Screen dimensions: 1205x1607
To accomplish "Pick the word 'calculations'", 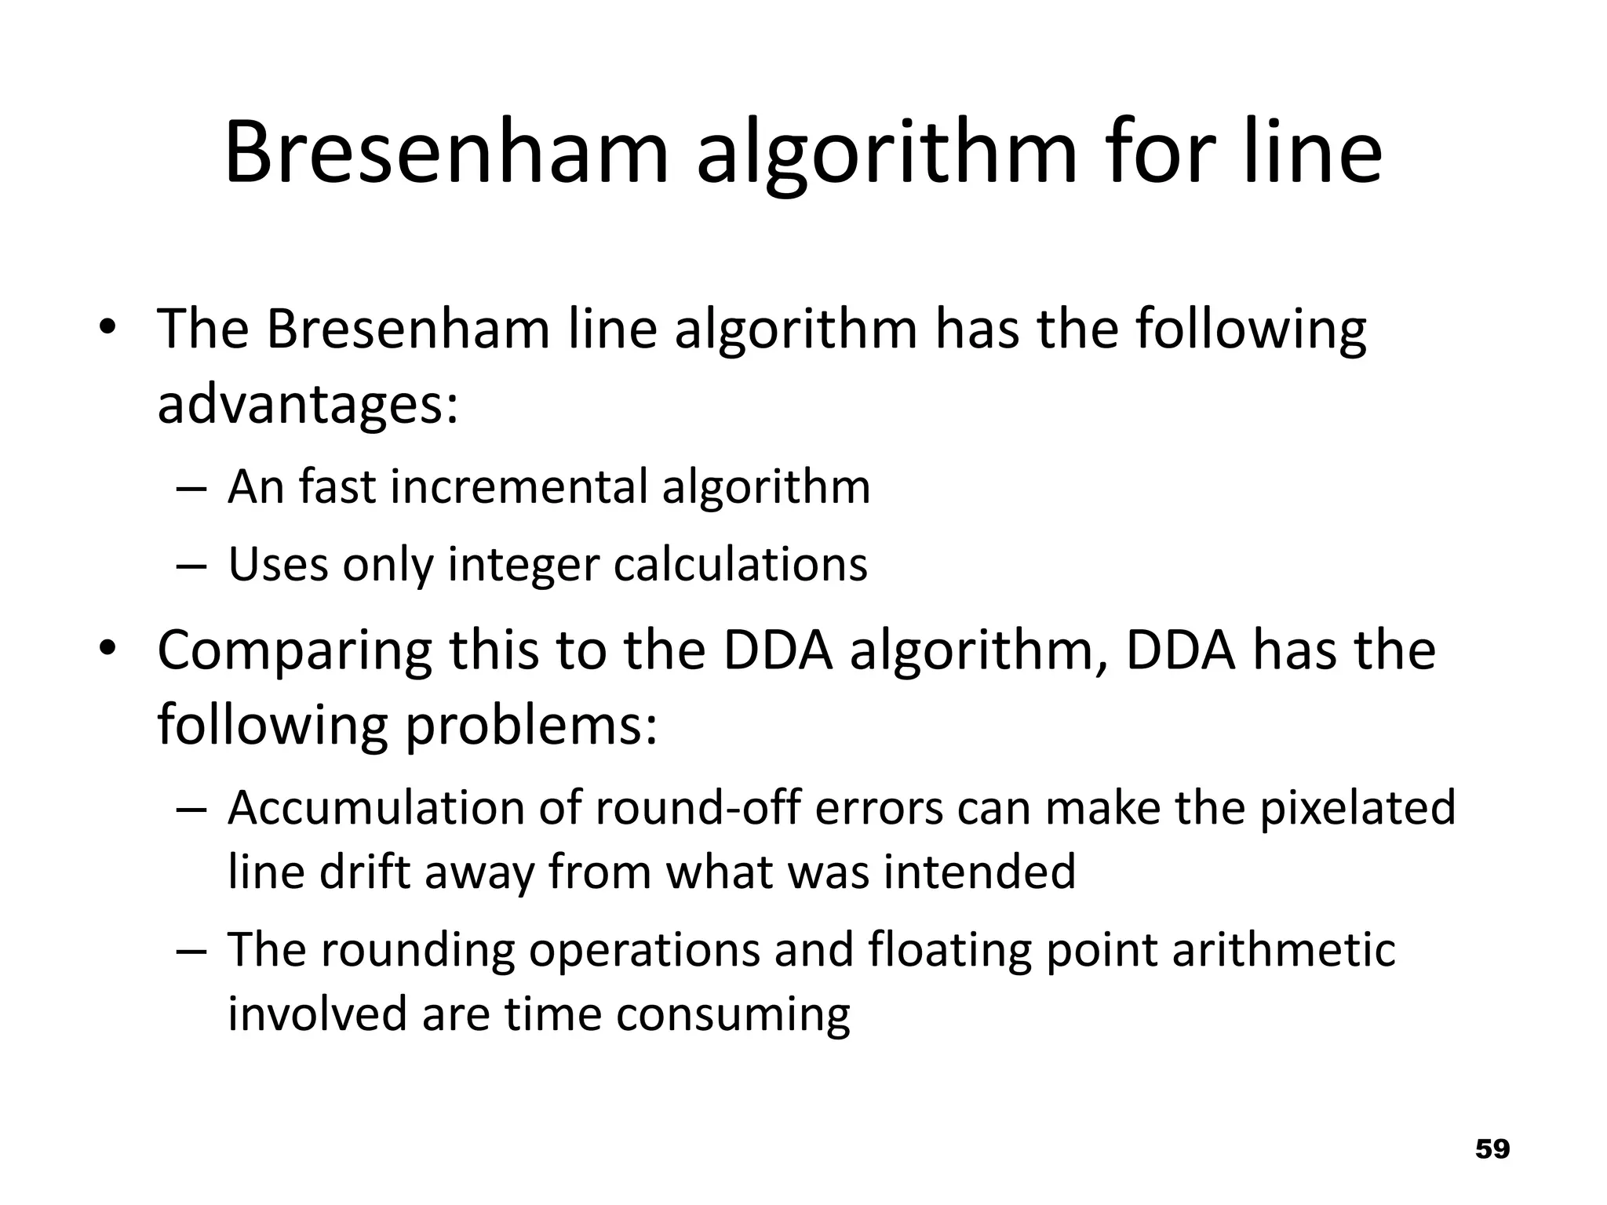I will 740,564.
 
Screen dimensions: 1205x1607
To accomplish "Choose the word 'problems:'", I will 530,726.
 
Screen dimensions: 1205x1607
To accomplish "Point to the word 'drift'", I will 365,872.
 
